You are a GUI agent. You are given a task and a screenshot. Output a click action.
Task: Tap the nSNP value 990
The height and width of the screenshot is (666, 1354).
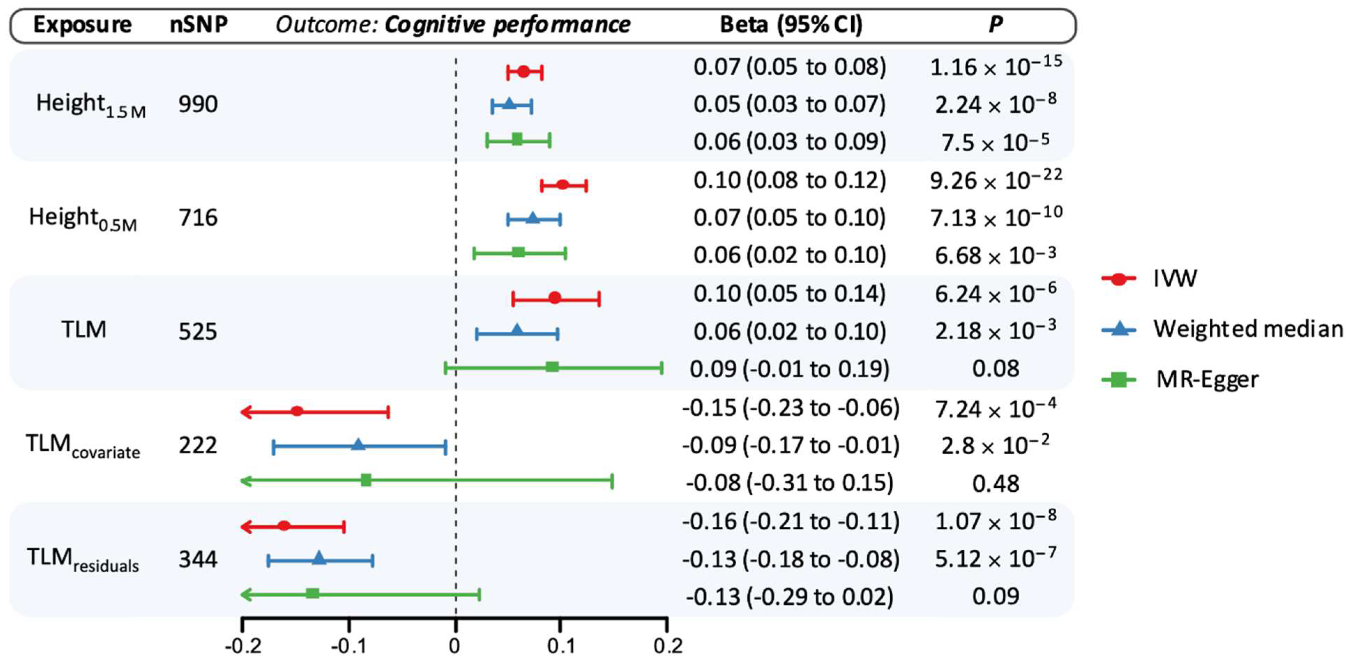pos(198,104)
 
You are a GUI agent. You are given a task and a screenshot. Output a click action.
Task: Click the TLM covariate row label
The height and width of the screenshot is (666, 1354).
pos(83,446)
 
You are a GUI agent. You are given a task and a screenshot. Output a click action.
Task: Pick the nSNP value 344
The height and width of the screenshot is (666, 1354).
pos(198,559)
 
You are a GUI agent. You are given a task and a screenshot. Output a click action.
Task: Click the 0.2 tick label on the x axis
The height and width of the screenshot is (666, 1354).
pos(668,645)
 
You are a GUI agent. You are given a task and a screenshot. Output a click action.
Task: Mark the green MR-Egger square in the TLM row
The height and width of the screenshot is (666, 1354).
pos(552,367)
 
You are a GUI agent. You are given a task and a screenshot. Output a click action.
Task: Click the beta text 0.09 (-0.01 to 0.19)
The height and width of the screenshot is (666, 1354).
pos(789,369)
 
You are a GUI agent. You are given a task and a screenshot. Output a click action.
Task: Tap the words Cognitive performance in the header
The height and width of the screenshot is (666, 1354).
pos(507,25)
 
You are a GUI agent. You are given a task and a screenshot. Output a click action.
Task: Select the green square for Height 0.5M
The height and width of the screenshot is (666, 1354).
pos(518,252)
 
